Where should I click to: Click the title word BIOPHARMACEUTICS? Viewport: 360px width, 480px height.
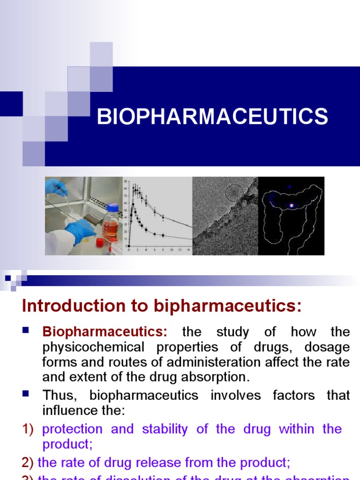coord(212,116)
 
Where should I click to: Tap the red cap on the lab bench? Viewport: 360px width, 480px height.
coord(100,241)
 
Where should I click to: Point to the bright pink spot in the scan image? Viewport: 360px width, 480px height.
coord(292,205)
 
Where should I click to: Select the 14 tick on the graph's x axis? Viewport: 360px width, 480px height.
coord(187,250)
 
